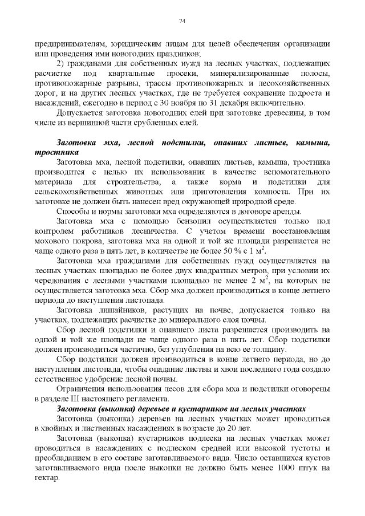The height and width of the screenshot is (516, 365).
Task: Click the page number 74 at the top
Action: coord(182,21)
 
